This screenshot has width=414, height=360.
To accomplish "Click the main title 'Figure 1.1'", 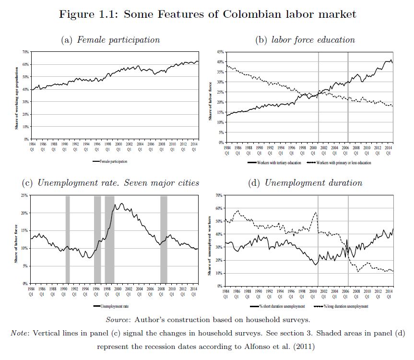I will click(207, 14).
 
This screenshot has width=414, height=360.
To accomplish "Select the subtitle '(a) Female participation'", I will click(110, 40).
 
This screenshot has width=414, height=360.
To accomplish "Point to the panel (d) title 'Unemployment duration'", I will click(305, 183).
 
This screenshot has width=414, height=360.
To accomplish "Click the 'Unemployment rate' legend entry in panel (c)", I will click(114, 306).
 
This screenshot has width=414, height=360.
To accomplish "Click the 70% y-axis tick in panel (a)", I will click(24, 51).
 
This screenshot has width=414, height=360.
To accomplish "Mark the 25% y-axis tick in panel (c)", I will click(24, 196).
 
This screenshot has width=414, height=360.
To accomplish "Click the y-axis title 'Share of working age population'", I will click(16, 98).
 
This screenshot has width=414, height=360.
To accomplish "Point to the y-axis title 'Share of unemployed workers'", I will click(210, 245).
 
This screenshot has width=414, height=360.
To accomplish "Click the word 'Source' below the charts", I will click(118, 320).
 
